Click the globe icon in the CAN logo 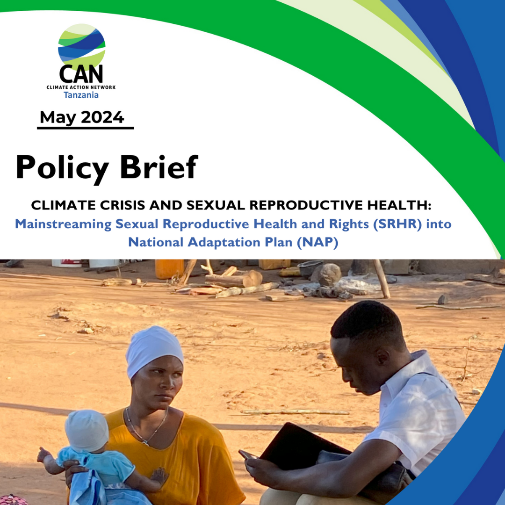82,46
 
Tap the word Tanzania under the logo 81,95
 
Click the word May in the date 58,117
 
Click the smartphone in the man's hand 248,455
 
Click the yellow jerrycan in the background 169,269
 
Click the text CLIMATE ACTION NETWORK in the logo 81,87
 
